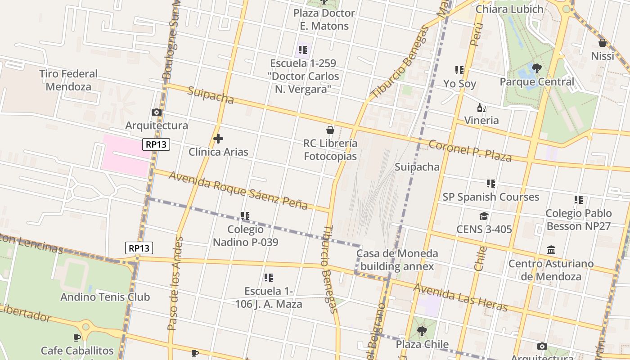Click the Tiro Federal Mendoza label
[68, 80]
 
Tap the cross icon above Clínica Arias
[218, 139]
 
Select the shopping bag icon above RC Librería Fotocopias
[330, 130]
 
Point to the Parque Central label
[537, 82]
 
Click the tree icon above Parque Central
[536, 68]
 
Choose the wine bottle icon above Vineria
[481, 108]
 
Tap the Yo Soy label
[459, 84]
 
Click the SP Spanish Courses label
[490, 197]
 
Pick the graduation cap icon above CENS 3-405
[484, 216]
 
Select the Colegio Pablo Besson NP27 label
[579, 219]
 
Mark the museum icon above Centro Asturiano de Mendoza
[551, 250]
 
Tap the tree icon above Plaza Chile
[422, 331]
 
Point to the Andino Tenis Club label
[105, 297]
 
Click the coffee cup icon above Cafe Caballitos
[77, 337]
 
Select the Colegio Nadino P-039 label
[245, 236]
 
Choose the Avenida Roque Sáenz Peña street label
[238, 190]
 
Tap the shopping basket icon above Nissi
[603, 43]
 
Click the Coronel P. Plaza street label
[470, 151]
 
